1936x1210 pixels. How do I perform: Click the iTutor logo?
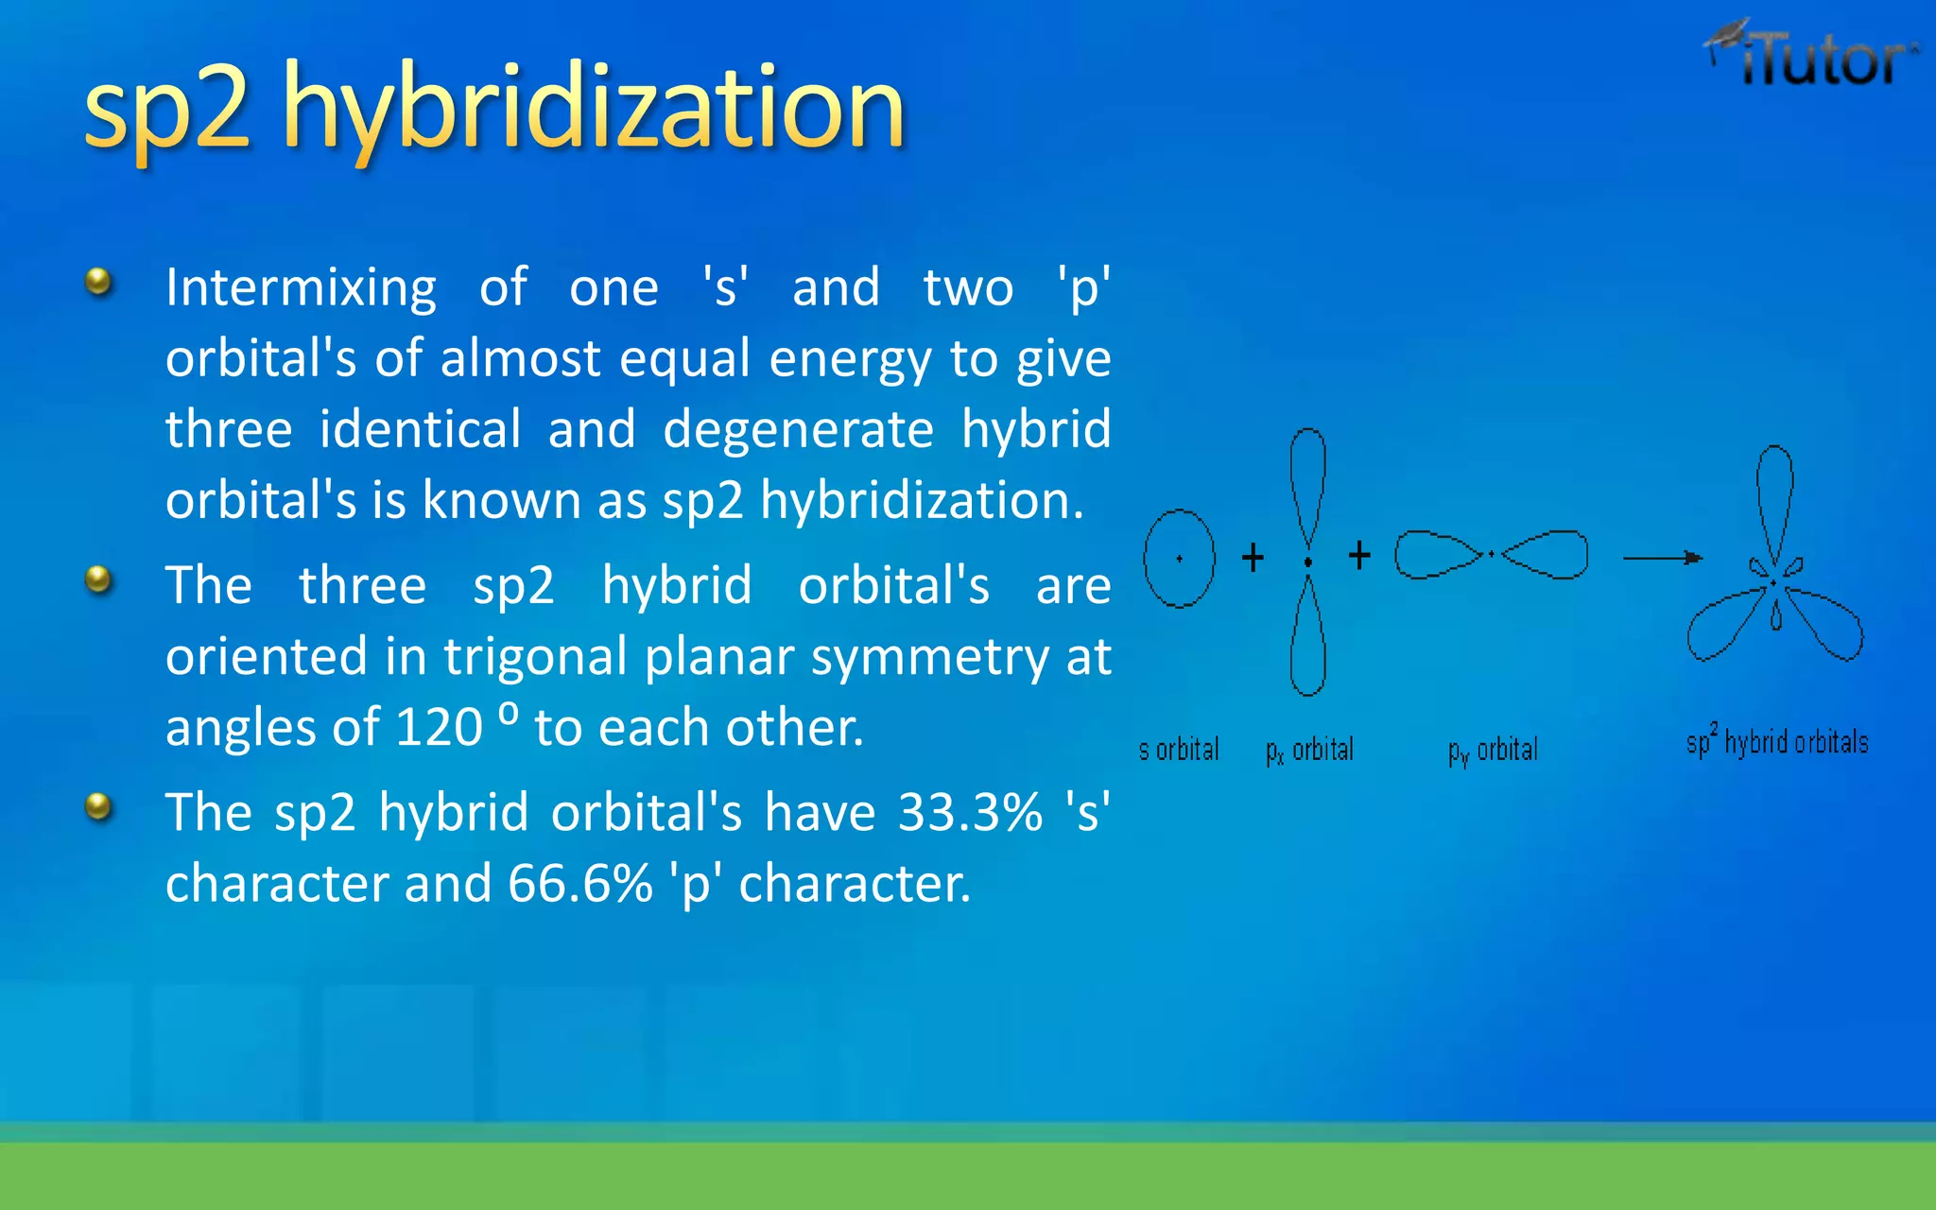click(x=1813, y=57)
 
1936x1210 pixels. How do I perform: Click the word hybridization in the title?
click(x=594, y=109)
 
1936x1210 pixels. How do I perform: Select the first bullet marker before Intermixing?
click(x=98, y=282)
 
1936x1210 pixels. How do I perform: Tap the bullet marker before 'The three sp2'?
click(x=98, y=579)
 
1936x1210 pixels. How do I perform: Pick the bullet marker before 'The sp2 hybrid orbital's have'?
click(x=98, y=807)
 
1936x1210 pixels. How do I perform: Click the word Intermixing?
click(x=301, y=287)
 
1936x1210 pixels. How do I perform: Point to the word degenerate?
click(x=798, y=430)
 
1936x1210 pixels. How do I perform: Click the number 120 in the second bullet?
click(x=439, y=728)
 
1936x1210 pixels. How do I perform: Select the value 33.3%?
click(x=970, y=813)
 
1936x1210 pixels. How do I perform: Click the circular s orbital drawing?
click(x=1179, y=559)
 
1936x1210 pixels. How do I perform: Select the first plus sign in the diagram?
click(x=1253, y=557)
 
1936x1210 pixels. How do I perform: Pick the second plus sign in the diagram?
click(x=1359, y=555)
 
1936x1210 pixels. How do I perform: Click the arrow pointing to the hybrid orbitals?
click(x=1662, y=558)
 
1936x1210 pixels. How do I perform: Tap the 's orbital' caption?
click(x=1179, y=750)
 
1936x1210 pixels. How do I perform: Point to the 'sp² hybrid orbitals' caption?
click(x=1777, y=743)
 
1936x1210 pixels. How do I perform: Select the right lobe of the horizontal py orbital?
click(x=1547, y=555)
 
